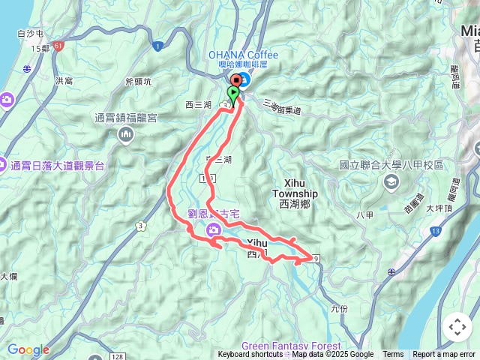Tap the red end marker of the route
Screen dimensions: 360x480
(237, 82)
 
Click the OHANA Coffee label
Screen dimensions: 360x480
(243, 55)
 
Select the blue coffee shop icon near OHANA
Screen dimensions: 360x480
(247, 78)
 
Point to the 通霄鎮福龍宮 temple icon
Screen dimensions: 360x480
(125, 134)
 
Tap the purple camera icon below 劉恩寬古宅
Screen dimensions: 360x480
(213, 227)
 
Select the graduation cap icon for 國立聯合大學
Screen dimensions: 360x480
(390, 181)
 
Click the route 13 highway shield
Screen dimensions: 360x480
(436, 229)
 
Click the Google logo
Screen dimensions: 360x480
(28, 349)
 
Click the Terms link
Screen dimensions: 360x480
(393, 355)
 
